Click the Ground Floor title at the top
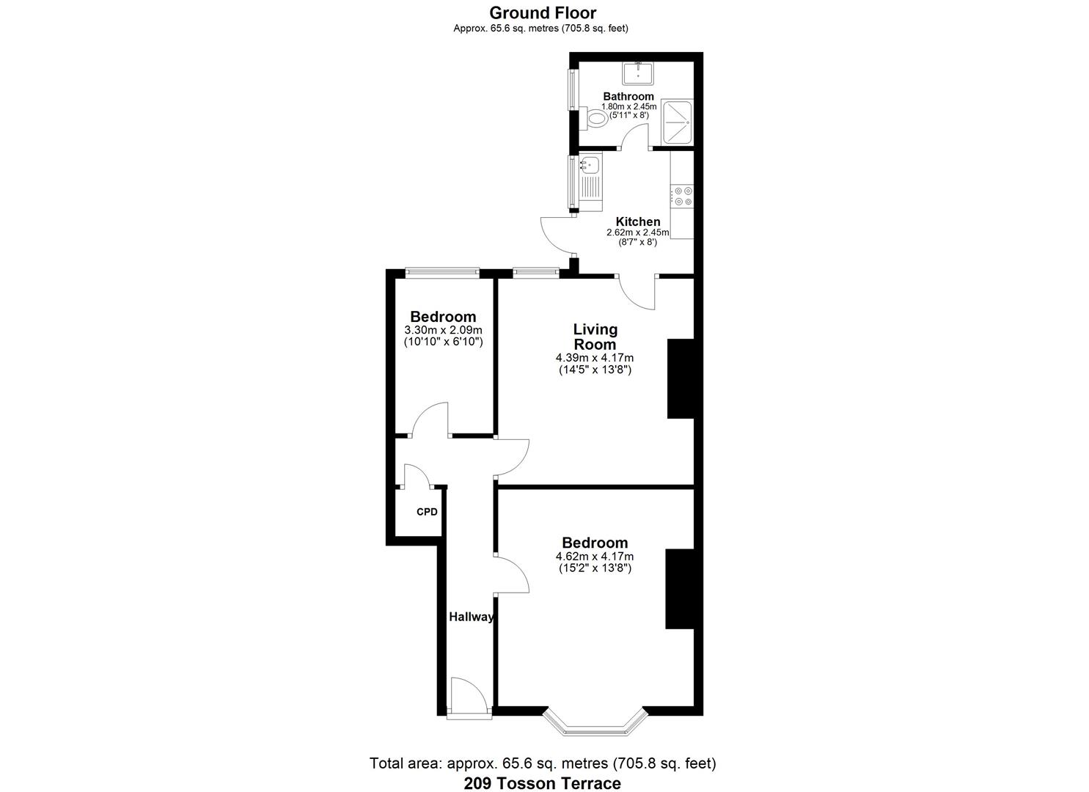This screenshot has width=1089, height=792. click(543, 12)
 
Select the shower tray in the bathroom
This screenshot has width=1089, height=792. click(677, 122)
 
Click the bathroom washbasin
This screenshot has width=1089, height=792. click(638, 73)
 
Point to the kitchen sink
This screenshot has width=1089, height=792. click(590, 165)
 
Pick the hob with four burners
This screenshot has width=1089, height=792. click(683, 196)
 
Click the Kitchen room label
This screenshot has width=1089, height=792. click(637, 221)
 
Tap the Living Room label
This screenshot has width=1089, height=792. click(595, 337)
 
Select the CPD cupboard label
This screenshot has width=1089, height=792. click(427, 512)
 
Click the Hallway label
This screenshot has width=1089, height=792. click(471, 617)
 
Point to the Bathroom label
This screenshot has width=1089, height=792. click(628, 96)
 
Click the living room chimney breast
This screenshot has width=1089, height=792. click(680, 378)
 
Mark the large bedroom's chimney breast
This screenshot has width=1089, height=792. click(679, 589)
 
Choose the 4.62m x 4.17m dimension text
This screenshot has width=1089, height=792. click(594, 557)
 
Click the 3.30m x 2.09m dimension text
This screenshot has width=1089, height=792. click(443, 331)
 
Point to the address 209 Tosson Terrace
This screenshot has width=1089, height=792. click(542, 783)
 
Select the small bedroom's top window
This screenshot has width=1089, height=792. click(443, 272)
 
